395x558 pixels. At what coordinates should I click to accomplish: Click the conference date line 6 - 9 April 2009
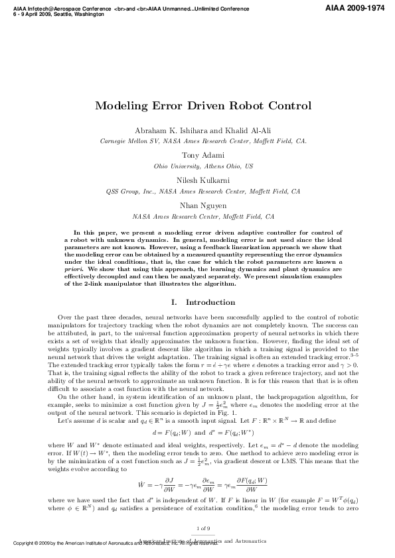click(x=56, y=15)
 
